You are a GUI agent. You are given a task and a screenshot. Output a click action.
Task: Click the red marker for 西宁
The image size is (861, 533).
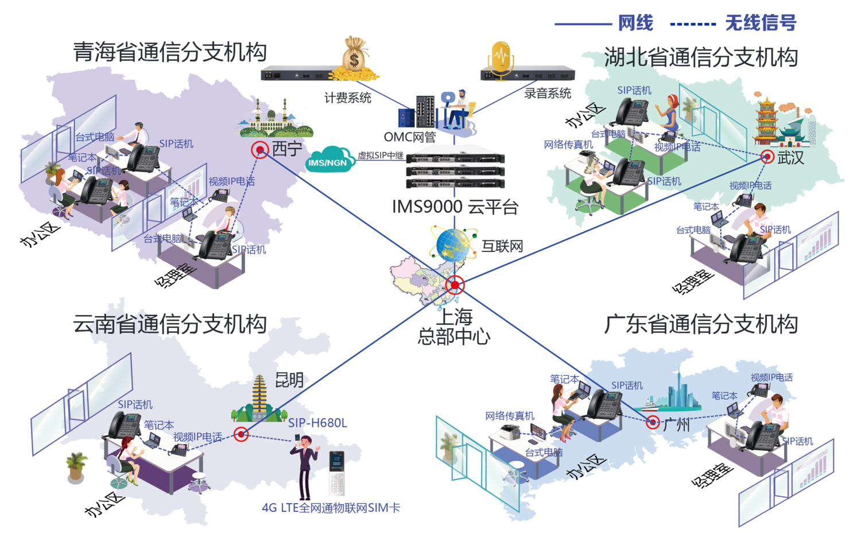tap(259, 150)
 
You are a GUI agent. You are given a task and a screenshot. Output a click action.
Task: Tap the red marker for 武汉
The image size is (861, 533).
tap(767, 157)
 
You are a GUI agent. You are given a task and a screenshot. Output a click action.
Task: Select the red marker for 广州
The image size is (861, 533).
tap(652, 423)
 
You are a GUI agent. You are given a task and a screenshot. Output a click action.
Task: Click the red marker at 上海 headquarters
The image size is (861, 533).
tap(455, 285)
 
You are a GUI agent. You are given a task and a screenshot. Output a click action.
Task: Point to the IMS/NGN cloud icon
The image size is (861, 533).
tap(328, 160)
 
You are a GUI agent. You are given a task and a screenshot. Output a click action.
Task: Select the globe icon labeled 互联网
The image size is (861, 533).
tap(453, 244)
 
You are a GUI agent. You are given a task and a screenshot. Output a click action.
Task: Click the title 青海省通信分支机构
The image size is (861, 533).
tap(170, 52)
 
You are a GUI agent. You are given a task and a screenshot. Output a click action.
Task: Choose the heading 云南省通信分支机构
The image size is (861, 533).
tap(170, 324)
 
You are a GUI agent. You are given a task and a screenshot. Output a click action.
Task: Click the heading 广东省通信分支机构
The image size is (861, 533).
tap(701, 324)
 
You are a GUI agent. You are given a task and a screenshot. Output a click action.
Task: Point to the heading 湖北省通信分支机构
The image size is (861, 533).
tap(701, 57)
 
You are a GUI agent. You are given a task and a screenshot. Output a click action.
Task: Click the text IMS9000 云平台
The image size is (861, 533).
tap(455, 207)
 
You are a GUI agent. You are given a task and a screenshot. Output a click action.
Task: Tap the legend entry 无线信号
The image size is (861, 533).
tap(760, 24)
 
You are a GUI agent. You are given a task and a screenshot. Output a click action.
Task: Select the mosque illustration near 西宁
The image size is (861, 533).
tap(276, 118)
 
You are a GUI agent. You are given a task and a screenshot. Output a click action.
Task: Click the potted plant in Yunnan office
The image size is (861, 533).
tap(76, 465)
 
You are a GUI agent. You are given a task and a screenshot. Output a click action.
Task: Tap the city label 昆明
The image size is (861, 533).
tap(290, 379)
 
